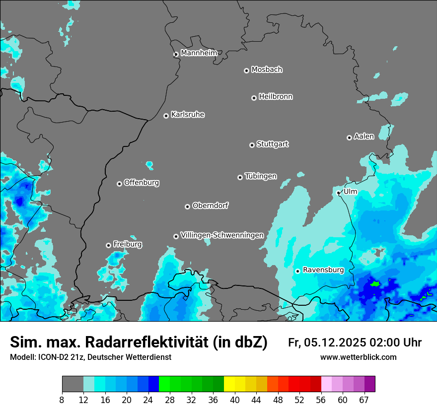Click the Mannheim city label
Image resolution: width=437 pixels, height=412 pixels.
[199, 53]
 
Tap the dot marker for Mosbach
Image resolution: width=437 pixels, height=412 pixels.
[246, 70]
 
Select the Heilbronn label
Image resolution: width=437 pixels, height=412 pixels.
[276, 96]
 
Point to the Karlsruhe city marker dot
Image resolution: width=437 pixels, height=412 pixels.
[166, 116]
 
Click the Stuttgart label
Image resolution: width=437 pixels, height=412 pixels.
[273, 144]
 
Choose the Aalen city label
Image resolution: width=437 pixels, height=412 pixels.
[364, 136]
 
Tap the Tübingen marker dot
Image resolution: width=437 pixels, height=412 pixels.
[240, 177]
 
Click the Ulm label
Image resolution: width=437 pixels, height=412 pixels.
[350, 192]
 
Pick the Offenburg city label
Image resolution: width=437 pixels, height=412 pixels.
[142, 182]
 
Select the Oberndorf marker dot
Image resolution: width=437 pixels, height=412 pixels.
[188, 206]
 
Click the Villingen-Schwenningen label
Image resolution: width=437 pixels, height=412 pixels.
[222, 235]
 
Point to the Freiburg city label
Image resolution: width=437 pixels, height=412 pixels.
[128, 244]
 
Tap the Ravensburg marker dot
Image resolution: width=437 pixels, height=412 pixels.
[298, 271]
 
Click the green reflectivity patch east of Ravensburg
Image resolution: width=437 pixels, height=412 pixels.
[375, 284]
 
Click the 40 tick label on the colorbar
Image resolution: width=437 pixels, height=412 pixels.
[234, 400]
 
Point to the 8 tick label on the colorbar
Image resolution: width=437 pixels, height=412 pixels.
[62, 400]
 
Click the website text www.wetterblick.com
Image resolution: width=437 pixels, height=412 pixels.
[358, 357]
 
